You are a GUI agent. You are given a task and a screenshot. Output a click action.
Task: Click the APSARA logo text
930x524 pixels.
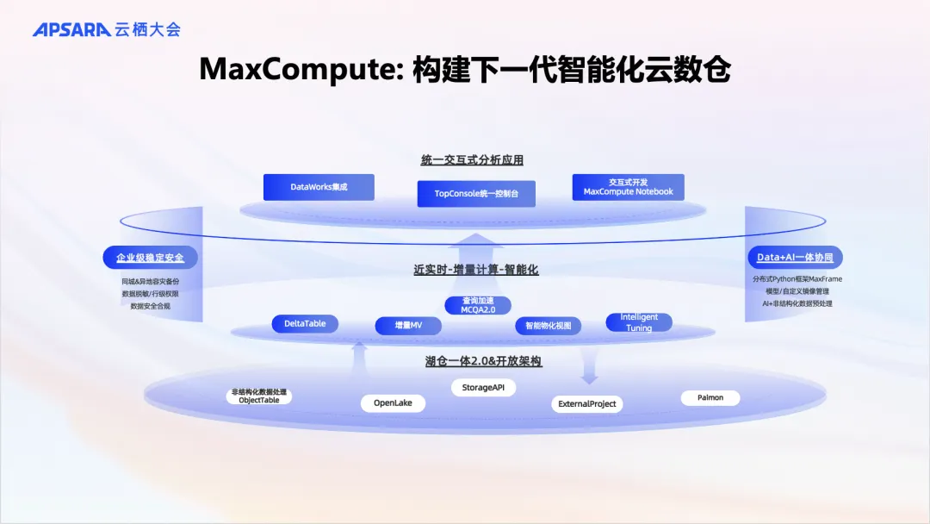pos(71,29)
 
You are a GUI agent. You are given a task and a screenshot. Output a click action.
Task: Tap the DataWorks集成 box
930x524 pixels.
pos(319,187)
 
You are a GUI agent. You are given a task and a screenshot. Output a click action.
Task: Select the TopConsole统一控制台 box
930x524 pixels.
pos(476,194)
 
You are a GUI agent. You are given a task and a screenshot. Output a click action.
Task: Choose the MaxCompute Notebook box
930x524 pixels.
pos(628,187)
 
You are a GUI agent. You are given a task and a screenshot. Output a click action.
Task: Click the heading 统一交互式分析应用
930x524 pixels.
pos(472,159)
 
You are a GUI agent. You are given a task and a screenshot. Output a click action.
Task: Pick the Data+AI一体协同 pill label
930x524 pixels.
pos(795,257)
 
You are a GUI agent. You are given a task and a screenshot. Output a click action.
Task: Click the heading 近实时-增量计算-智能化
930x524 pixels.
pos(475,270)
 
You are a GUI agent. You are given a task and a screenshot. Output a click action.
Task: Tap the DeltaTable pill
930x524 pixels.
pos(305,324)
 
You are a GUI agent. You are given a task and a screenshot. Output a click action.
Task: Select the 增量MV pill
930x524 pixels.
pos(408,326)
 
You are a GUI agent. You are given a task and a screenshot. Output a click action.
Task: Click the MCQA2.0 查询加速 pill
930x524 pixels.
pos(478,305)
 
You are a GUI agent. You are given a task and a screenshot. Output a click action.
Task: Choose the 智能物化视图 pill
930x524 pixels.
pos(549,326)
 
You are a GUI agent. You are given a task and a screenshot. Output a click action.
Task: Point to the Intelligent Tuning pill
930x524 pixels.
pos(639,322)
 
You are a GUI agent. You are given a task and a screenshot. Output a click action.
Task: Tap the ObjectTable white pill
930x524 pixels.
pos(259,396)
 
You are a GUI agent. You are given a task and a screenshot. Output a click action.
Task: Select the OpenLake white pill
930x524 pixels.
pos(393,402)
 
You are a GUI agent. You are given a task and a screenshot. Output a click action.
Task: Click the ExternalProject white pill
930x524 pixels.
pos(586,403)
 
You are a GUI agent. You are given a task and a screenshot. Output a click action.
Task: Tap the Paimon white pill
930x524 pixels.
pos(710,397)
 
